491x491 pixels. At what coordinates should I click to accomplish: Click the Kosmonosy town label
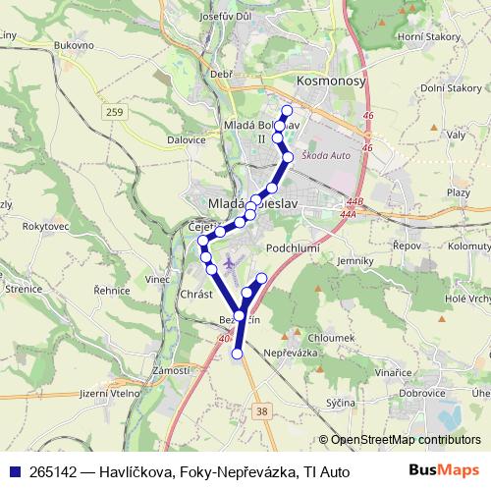[x=331, y=82]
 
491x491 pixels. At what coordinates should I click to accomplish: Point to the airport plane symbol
[x=229, y=262]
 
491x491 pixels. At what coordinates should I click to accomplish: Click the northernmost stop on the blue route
[x=287, y=110]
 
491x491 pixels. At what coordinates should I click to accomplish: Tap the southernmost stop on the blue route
[x=237, y=354]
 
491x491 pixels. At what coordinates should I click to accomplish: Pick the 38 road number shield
[x=259, y=412]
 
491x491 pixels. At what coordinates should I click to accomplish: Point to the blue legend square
[x=15, y=471]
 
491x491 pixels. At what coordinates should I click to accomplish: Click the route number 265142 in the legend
[x=56, y=471]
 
